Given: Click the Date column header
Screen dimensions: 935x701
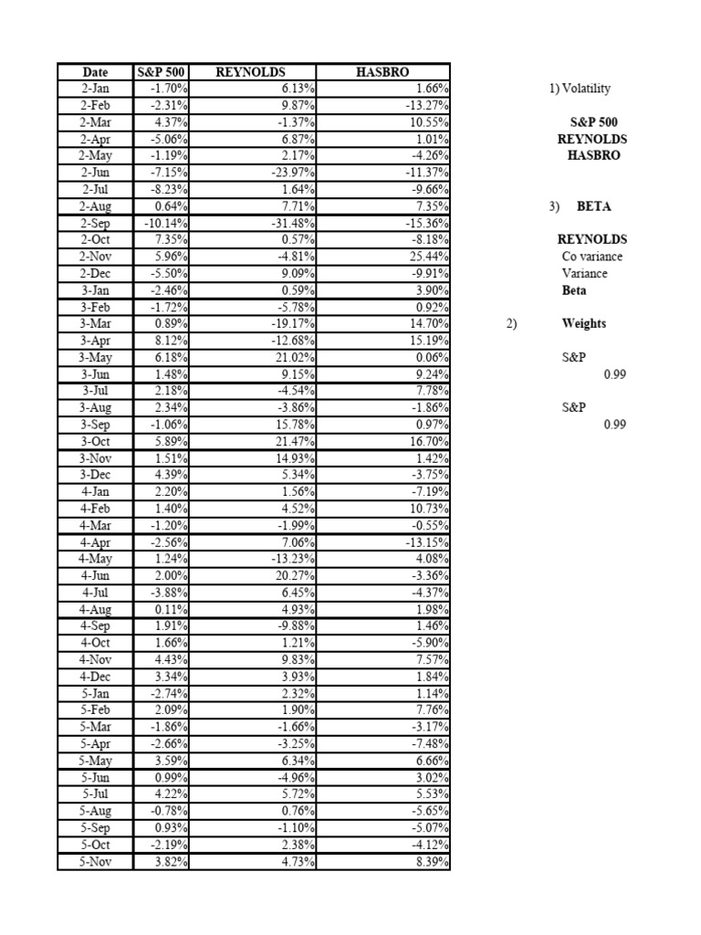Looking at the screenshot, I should pos(95,72).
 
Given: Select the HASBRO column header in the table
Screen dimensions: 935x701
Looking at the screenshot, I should pos(383,72).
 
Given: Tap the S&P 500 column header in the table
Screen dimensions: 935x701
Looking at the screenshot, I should pos(161,72).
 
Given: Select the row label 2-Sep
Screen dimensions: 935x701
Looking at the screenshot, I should pos(95,223).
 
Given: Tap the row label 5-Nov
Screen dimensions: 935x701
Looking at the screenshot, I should pos(95,861).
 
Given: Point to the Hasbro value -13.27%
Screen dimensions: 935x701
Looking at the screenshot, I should pos(427,105).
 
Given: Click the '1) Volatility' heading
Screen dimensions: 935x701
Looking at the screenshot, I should pos(580,89).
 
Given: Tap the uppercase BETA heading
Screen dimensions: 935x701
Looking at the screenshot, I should pos(593,206).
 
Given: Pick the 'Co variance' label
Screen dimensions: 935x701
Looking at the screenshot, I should pos(591,257).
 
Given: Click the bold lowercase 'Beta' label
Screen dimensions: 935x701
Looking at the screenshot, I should pos(574,290).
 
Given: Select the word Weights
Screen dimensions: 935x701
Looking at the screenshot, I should pos(584,323).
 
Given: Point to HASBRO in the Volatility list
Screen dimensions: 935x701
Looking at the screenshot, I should pos(593,155).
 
